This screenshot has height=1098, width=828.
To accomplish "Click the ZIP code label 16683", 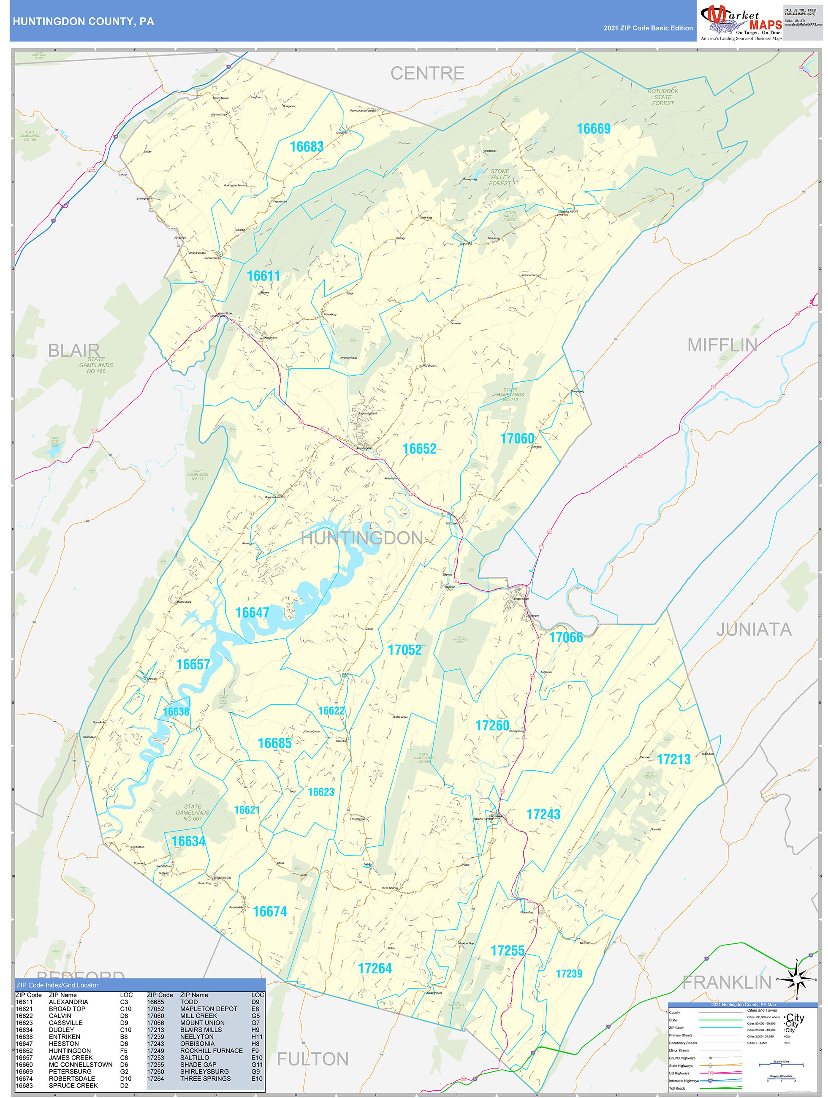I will coord(306,147).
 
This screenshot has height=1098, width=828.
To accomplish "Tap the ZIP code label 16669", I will coord(593,129).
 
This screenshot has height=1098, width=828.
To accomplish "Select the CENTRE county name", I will coord(427,73).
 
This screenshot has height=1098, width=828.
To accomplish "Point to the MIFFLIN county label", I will coord(722,345).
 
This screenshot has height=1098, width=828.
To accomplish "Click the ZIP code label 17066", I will coord(565,638).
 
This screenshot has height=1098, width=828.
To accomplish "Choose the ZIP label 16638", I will coord(176,712).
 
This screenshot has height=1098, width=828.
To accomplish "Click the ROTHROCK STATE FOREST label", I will coord(663,97).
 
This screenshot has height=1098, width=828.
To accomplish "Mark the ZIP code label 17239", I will coord(568,974).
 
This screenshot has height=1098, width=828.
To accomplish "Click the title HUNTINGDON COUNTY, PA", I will coord(84,22).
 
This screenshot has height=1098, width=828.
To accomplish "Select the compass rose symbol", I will coord(796,979).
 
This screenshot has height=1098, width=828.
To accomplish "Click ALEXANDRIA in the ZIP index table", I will coord(68,1002).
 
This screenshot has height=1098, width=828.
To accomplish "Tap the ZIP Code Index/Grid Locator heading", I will coord(57,985).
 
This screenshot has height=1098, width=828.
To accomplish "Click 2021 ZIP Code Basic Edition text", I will coord(648,28).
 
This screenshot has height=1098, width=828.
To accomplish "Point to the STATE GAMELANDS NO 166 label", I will coord(96,365).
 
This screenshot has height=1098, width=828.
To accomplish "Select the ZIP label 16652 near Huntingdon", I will coord(419,449).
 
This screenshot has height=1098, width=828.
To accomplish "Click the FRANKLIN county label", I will coord(726,982).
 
